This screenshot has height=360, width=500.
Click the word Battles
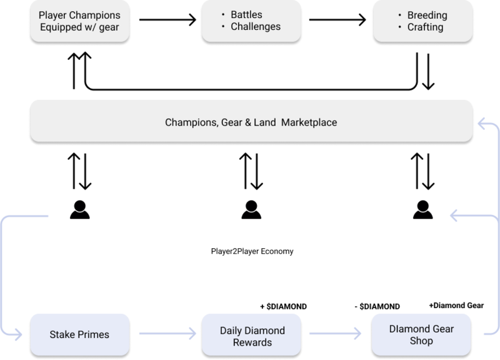click(x=247, y=14)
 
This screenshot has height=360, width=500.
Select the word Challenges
click(x=256, y=27)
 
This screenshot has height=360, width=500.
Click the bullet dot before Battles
click(x=223, y=14)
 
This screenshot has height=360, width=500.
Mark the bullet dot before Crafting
click(x=399, y=27)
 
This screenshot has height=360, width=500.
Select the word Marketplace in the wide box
click(x=309, y=122)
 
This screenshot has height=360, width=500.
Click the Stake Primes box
click(x=79, y=334)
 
